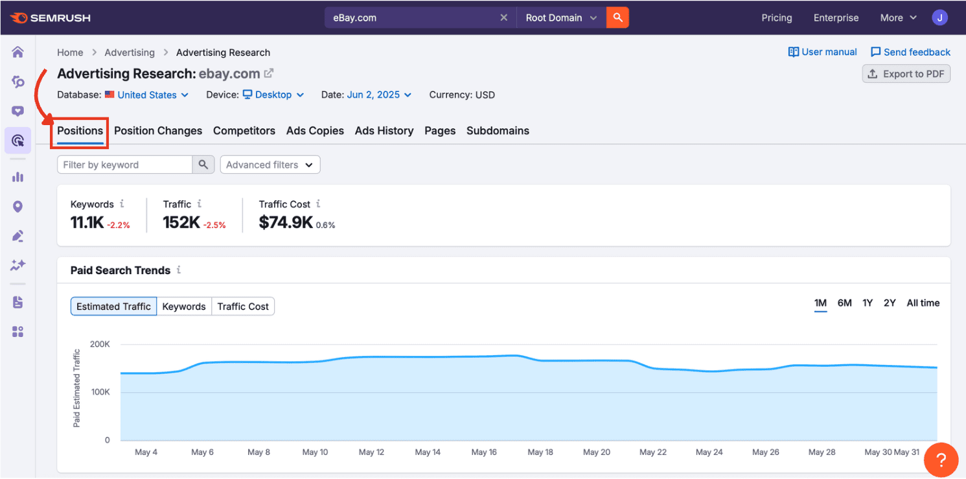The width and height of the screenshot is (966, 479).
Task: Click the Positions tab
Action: tap(80, 130)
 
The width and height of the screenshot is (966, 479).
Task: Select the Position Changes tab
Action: tap(158, 130)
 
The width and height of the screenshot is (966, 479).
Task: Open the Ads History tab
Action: tap(384, 130)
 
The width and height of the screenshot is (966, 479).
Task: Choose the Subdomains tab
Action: tap(498, 130)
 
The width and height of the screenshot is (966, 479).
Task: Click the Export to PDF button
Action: tap(906, 74)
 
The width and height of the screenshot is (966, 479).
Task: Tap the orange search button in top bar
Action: tap(617, 18)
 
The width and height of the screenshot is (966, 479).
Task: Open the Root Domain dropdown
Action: tap(561, 18)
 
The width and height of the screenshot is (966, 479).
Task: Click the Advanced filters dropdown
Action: tap(270, 165)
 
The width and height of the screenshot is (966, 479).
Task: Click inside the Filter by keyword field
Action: tap(125, 165)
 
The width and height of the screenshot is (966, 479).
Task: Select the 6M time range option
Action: tap(844, 303)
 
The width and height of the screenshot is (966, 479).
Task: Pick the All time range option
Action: tap(923, 303)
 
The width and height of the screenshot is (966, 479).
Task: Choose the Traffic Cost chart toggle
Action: tap(243, 307)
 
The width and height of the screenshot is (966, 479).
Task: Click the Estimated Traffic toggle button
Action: tap(114, 307)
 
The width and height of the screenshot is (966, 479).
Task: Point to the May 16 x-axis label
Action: tap(484, 452)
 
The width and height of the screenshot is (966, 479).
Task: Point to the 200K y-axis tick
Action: tap(100, 344)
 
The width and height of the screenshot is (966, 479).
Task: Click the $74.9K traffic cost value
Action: tap(286, 222)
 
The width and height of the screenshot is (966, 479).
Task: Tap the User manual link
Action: tap(823, 52)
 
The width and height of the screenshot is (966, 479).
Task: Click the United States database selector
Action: tap(147, 95)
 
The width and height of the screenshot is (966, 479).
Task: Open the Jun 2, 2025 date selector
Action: tap(379, 95)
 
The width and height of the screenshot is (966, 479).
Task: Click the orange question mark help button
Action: tap(941, 461)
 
